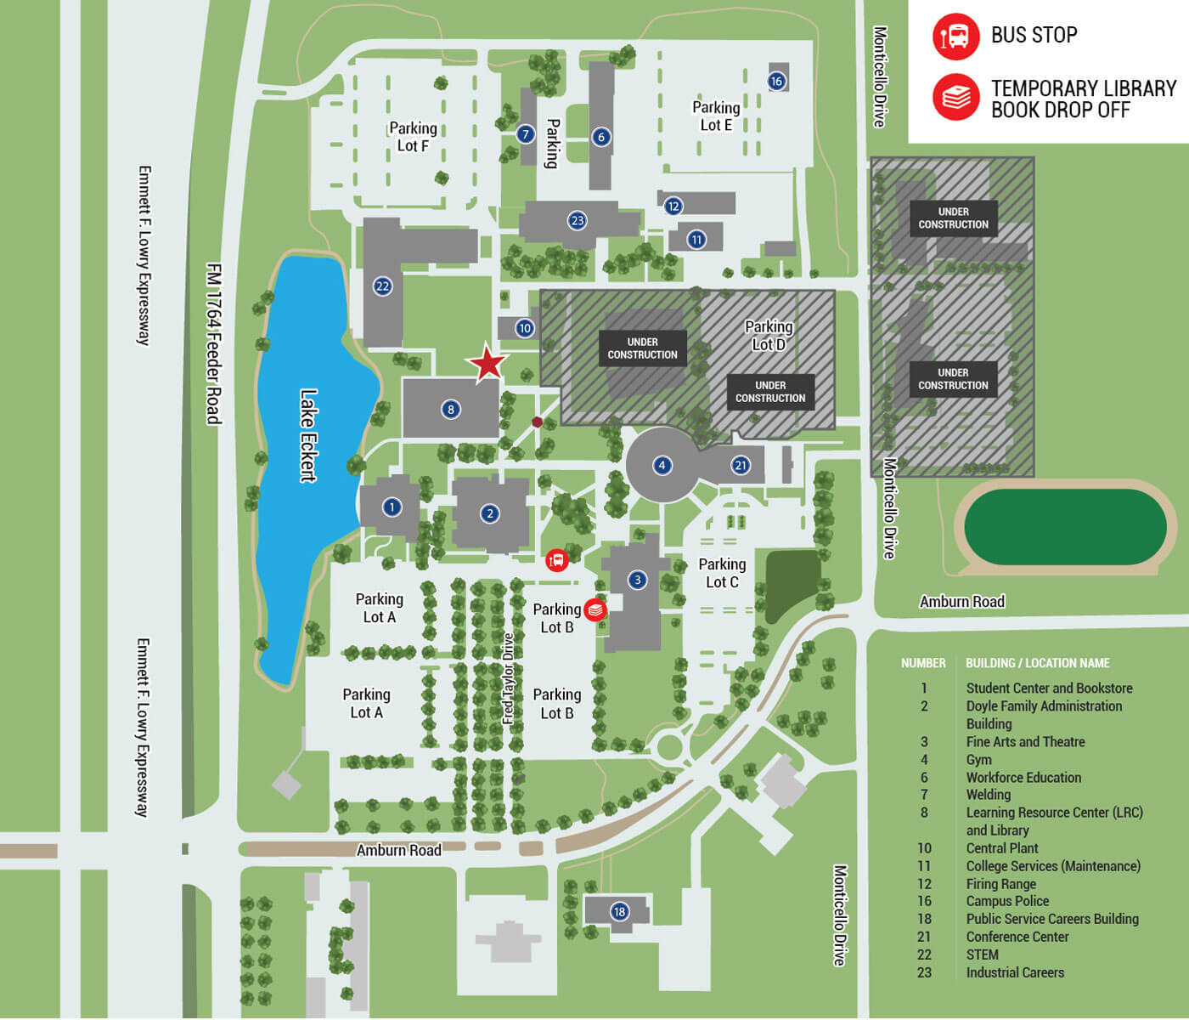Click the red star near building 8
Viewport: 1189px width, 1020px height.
[487, 363]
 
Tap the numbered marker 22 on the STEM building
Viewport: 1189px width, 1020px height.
[382, 286]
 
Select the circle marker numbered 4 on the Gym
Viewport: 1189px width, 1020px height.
[662, 465]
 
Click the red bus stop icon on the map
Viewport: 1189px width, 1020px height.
[556, 560]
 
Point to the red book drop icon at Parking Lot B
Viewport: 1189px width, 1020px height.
[595, 609]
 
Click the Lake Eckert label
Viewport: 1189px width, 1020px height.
[308, 435]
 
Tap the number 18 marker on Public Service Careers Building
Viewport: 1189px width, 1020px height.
[619, 912]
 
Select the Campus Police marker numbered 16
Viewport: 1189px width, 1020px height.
[776, 81]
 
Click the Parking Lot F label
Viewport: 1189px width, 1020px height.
[413, 137]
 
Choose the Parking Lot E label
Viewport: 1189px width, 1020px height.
[716, 116]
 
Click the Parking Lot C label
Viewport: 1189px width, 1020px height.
[722, 573]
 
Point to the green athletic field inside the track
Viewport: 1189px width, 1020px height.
[1065, 527]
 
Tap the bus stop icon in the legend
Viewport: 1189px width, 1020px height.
[955, 36]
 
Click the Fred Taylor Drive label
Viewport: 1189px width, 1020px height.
[509, 678]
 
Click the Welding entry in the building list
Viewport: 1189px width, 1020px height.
[988, 795]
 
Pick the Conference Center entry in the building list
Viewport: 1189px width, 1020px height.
[1017, 937]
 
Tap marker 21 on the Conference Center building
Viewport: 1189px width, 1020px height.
[741, 465]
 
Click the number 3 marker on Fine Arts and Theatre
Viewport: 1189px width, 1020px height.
[637, 580]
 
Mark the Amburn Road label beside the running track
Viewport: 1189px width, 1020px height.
[961, 602]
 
